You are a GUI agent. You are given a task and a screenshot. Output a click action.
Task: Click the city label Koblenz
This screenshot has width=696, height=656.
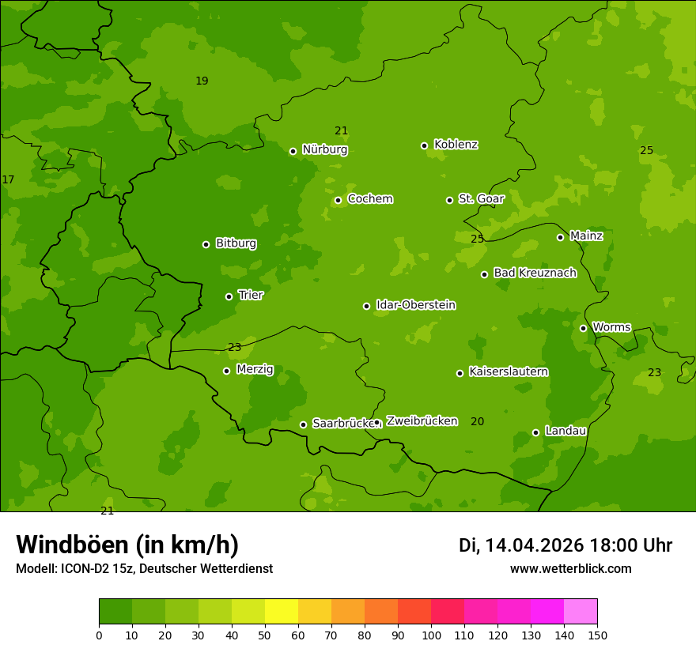(456, 145)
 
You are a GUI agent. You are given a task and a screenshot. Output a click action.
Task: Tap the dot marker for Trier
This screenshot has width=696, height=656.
(229, 296)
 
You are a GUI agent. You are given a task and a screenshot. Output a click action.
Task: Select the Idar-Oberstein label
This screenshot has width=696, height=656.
(415, 305)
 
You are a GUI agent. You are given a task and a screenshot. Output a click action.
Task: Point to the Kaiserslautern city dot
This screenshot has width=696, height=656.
(460, 373)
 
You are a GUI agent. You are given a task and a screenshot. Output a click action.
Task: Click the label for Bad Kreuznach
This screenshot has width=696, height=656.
(535, 273)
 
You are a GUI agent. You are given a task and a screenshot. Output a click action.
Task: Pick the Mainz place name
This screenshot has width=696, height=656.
(586, 236)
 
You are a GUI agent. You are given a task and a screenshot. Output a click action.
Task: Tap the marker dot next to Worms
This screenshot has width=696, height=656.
(583, 328)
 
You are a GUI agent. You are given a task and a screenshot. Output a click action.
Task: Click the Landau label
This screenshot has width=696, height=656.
(565, 431)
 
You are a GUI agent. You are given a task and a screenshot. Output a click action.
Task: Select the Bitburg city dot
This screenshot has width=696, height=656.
(206, 244)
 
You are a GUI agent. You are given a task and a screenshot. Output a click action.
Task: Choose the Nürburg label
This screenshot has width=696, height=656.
(324, 149)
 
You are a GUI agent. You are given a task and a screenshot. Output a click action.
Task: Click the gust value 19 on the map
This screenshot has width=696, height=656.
(202, 81)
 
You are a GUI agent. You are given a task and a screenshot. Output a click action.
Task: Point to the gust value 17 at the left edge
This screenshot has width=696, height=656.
(8, 180)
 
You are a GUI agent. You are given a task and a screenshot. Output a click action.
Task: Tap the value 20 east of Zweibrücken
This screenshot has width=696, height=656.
(477, 421)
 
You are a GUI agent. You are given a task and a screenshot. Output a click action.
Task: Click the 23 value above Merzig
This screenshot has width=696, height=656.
(234, 347)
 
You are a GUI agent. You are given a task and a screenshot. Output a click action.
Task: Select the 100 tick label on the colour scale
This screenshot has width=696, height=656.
(431, 635)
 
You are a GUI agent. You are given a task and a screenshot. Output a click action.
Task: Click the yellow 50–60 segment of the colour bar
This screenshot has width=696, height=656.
(282, 612)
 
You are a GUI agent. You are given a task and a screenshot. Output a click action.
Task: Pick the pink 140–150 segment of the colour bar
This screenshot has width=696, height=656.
(581, 612)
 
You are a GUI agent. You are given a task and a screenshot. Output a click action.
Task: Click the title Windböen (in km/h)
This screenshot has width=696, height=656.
(127, 545)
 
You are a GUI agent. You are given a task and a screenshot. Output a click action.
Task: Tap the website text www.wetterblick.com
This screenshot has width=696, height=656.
(570, 569)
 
